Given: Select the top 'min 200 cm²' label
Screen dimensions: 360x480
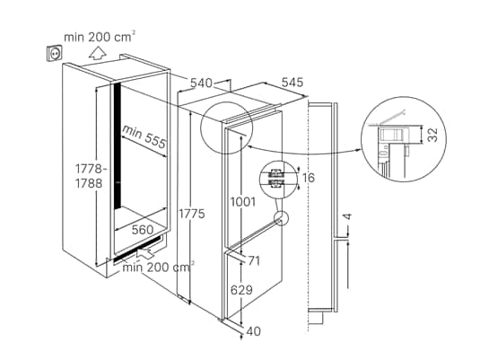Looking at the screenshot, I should click(x=100, y=37).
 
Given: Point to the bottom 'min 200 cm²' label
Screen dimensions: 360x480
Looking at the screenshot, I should click(x=160, y=267).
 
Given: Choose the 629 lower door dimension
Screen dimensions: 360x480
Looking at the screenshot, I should click(x=240, y=290).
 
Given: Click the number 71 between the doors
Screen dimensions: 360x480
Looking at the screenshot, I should click(x=254, y=260).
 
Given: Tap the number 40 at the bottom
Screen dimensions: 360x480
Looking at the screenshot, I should click(x=254, y=332).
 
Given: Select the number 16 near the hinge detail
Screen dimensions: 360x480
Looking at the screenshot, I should click(x=310, y=178).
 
